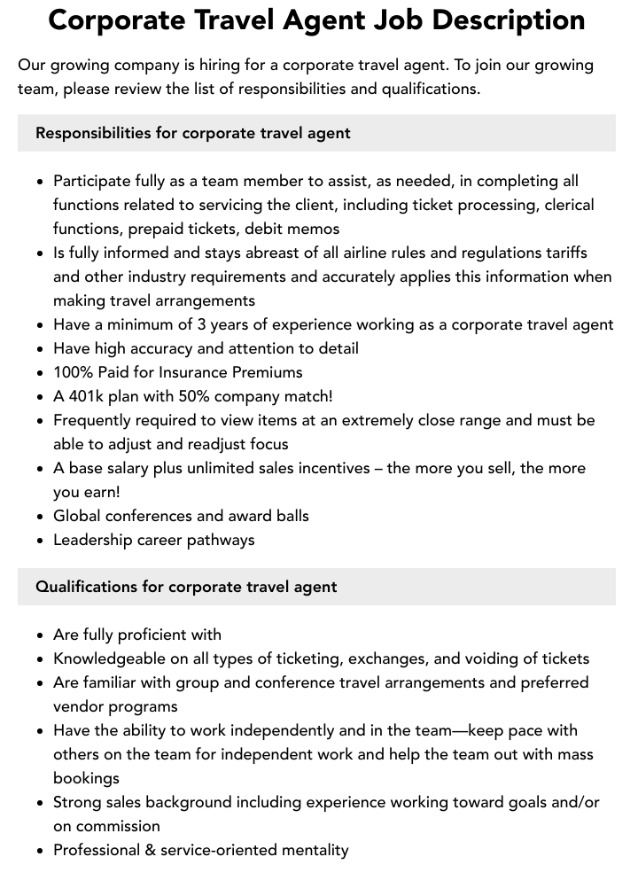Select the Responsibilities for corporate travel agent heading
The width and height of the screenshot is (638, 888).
point(193,133)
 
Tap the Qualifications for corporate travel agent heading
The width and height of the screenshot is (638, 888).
point(186,587)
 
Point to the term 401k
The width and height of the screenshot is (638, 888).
point(92,396)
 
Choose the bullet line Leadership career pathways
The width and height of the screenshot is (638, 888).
point(153,540)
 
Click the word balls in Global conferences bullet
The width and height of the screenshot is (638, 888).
point(289,516)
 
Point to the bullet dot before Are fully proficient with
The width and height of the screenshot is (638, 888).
point(41,635)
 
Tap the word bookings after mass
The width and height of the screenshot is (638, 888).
point(86,778)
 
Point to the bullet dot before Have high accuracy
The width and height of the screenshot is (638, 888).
point(41,349)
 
